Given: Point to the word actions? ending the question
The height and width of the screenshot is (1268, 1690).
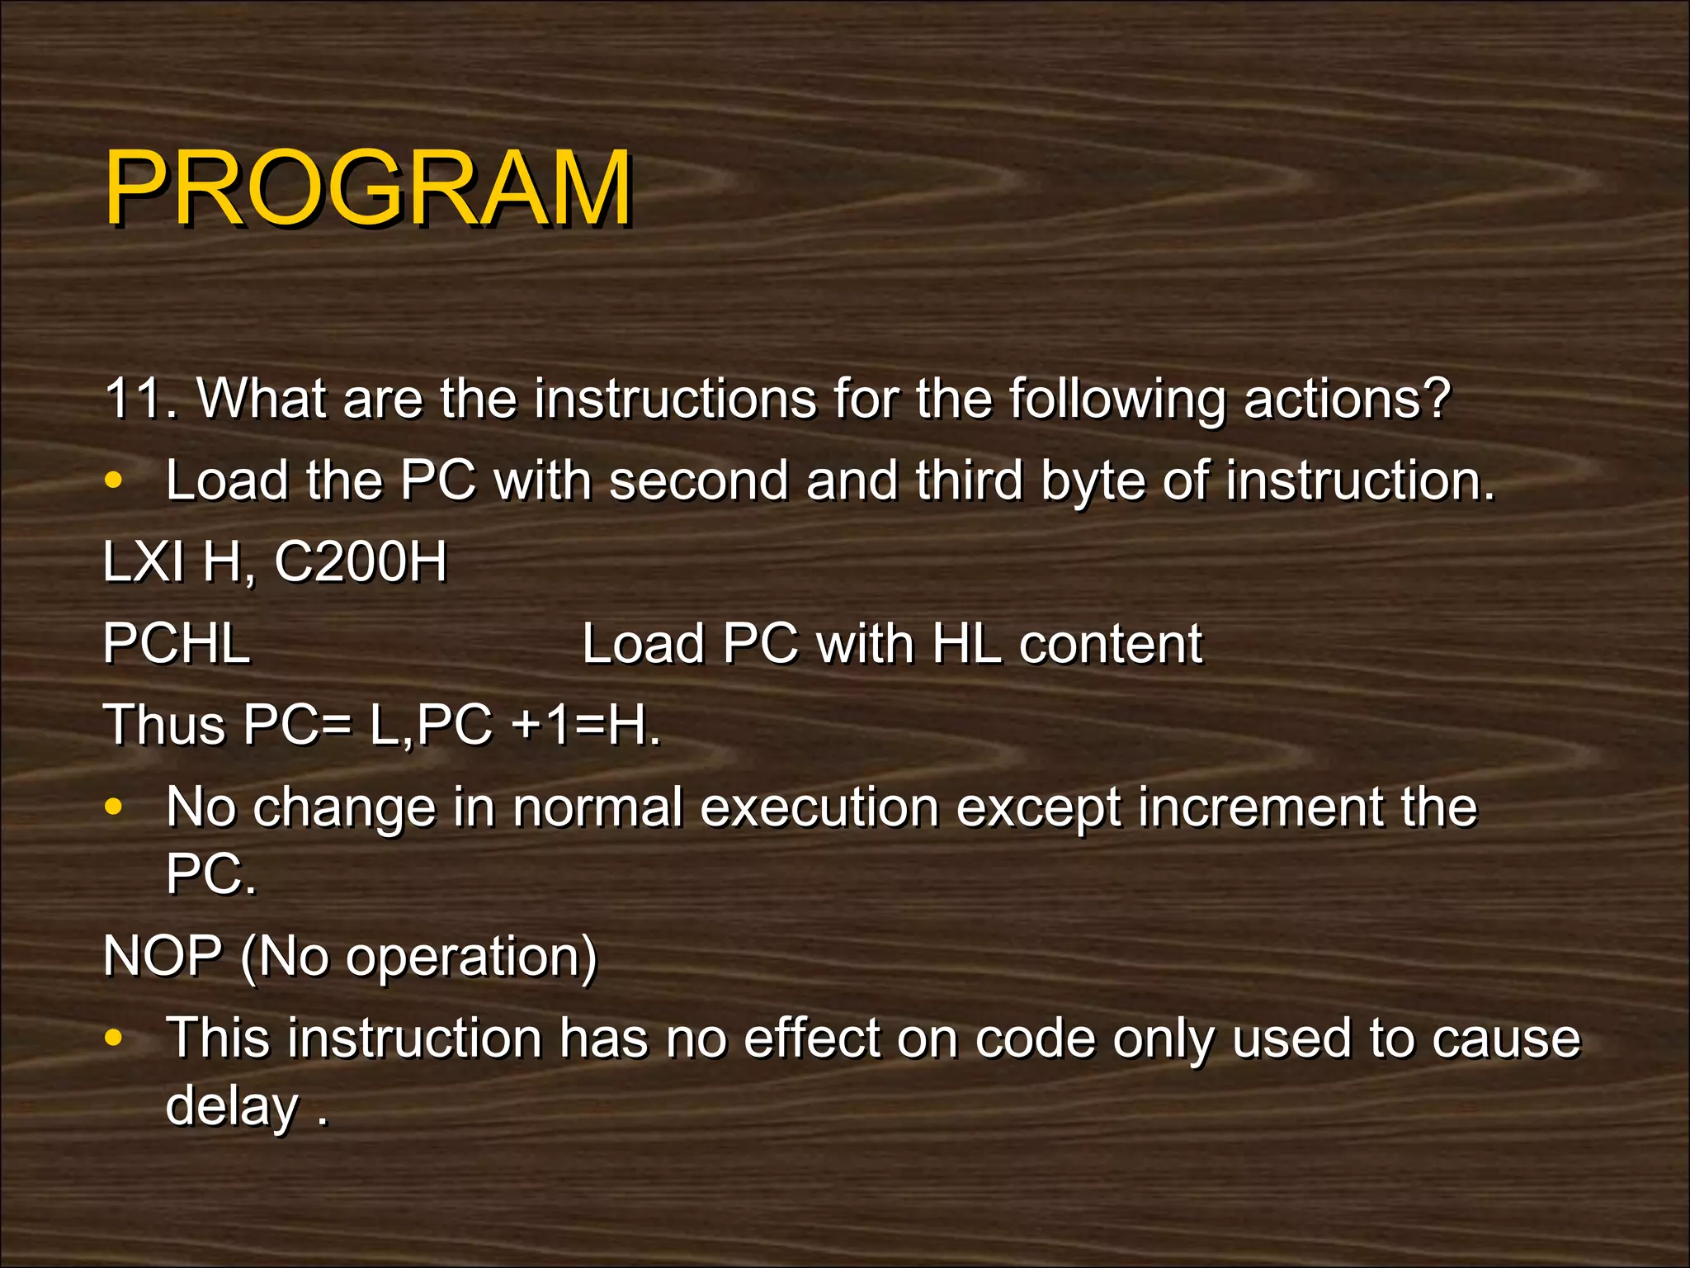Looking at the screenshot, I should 1346,399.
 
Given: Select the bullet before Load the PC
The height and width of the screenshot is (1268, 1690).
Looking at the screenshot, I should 114,480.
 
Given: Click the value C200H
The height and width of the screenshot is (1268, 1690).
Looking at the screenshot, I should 360,562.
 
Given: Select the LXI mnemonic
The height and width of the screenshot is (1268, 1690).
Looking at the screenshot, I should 143,562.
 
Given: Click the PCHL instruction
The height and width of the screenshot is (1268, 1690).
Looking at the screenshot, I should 177,644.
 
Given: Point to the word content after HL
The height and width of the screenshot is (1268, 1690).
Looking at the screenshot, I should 1110,644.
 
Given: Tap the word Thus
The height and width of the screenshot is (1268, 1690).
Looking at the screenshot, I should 164,725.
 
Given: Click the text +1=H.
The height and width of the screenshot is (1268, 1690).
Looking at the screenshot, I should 585,725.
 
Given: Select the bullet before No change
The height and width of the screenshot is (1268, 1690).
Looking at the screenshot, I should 114,807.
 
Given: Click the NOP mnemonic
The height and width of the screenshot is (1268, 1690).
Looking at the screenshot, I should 163,957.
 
